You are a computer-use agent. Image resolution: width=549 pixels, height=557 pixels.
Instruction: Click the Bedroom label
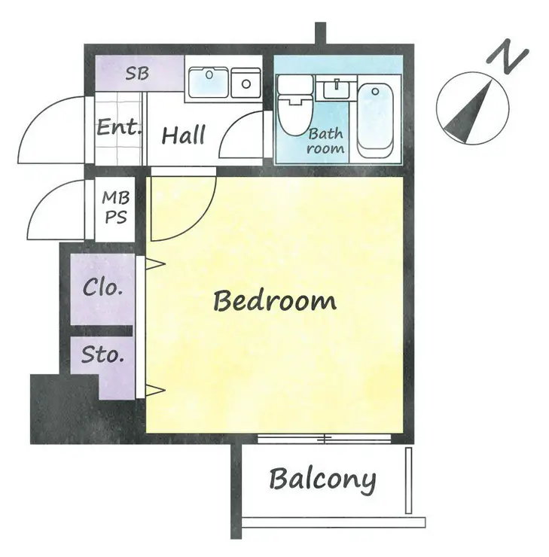pos(275,300)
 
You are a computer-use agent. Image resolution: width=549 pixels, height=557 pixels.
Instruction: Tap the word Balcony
pos(322,479)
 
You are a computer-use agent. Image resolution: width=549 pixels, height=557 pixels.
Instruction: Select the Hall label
pos(183,135)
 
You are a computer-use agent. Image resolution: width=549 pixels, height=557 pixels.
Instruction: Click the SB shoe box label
pos(137,73)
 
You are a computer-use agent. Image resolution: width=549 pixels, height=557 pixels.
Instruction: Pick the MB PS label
pos(116,208)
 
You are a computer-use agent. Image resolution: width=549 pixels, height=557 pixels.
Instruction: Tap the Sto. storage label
pos(102,354)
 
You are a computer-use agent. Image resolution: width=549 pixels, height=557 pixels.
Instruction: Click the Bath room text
pos(325,141)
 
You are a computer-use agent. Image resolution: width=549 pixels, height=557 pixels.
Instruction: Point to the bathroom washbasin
pos(336,88)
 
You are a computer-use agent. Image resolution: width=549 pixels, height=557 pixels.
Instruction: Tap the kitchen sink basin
pos(209,82)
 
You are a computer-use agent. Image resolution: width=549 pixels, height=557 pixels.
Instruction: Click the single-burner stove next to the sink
pos(246,83)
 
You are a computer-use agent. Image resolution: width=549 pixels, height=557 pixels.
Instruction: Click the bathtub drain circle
pos(375,92)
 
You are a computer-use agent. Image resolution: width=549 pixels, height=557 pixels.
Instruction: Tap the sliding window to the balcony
pos(324,438)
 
